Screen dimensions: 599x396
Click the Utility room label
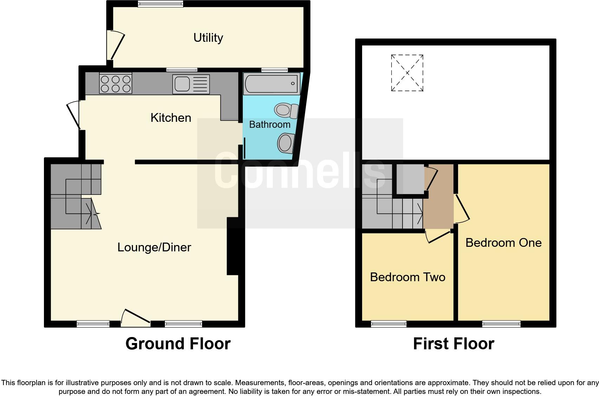(208, 38)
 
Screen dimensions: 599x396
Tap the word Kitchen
(171, 118)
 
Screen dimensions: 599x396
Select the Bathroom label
(270, 124)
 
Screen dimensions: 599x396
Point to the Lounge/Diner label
(154, 247)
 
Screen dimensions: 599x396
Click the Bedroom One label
(503, 243)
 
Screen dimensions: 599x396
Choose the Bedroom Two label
(407, 277)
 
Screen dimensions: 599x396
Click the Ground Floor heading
(178, 344)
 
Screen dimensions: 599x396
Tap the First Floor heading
(453, 344)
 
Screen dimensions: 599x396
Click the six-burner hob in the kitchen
(116, 84)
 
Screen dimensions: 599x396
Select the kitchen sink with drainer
(191, 84)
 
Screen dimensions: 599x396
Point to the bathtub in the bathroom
(271, 84)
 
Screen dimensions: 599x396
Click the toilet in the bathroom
(286, 110)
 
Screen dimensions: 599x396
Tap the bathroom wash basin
(286, 143)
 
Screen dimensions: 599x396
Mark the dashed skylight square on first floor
(407, 73)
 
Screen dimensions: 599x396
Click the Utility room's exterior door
(116, 45)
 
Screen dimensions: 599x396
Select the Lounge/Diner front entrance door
(136, 318)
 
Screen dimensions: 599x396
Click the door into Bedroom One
(462, 209)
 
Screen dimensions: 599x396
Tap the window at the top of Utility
(160, 4)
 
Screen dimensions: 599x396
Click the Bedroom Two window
(388, 324)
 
